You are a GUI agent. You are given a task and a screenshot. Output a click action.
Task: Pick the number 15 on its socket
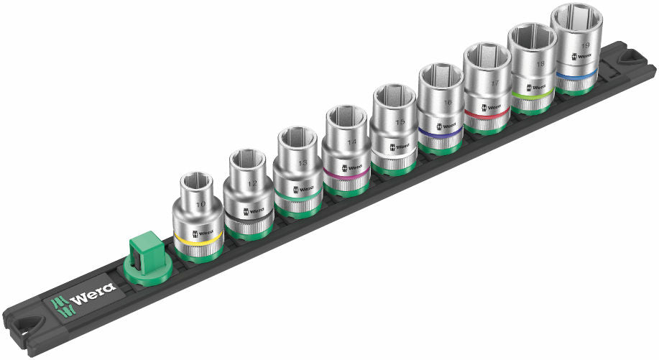pyautogui.click(x=399, y=122)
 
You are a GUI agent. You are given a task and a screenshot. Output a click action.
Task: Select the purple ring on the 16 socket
pyautogui.click(x=441, y=131)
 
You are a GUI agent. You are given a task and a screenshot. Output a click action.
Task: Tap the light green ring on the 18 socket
pyautogui.click(x=533, y=92)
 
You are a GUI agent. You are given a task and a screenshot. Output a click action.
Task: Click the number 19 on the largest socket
pyautogui.click(x=584, y=45)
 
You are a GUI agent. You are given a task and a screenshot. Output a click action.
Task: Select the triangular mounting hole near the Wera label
pyautogui.click(x=29, y=322)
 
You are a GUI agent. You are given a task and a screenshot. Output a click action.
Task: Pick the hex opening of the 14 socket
pyautogui.click(x=346, y=116)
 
